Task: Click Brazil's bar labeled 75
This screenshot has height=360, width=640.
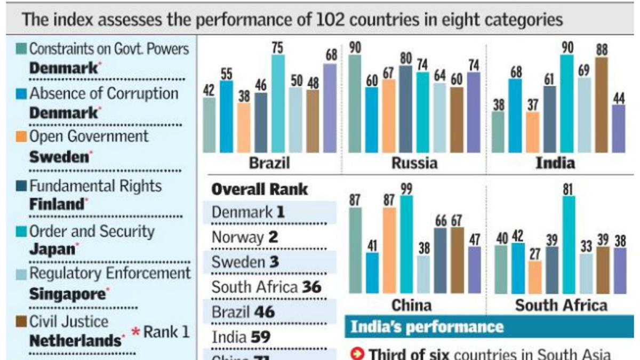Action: (278, 104)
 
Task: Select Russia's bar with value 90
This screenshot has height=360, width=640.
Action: (355, 104)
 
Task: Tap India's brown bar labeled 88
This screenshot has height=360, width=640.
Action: (601, 105)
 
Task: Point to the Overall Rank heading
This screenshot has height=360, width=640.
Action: (260, 189)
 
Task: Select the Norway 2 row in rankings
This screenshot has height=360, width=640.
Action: (245, 237)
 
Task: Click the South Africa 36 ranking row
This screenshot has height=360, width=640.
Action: (267, 287)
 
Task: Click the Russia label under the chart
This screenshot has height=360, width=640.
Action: (414, 163)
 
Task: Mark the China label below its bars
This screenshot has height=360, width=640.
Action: (411, 305)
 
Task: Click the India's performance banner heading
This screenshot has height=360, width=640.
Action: (426, 326)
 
